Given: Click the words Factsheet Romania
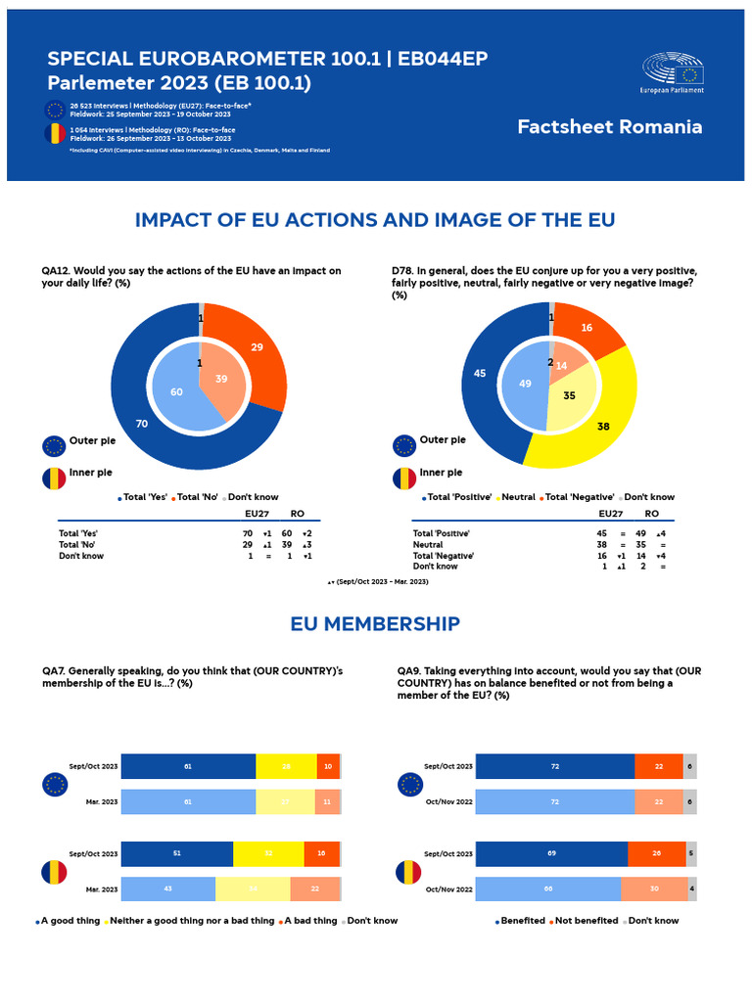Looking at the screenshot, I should click(x=609, y=127).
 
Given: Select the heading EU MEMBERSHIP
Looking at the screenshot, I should click(x=375, y=623).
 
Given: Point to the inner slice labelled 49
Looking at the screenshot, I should click(x=525, y=385).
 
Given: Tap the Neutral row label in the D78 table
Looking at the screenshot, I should click(x=428, y=545).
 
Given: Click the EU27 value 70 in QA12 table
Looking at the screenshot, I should click(x=249, y=533).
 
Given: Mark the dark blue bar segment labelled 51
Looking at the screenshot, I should click(x=177, y=853).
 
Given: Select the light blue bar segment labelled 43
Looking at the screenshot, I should click(x=167, y=888).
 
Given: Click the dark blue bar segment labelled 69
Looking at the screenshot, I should click(x=551, y=853).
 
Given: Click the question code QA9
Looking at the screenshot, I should click(x=408, y=671).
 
